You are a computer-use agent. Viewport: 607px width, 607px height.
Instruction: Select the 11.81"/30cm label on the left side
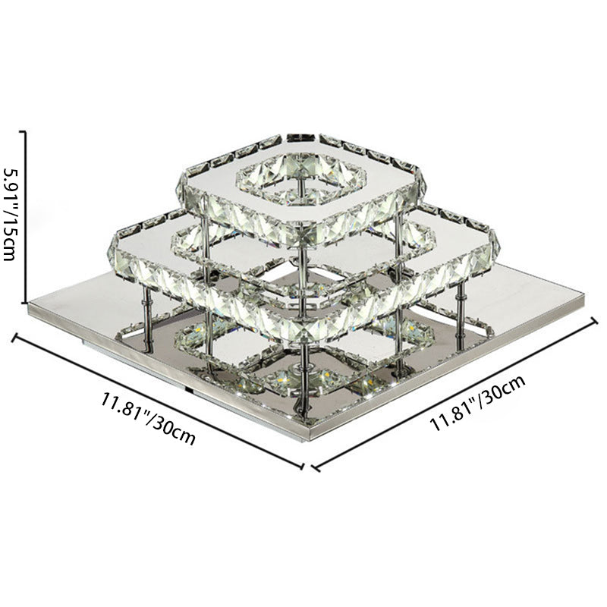148,419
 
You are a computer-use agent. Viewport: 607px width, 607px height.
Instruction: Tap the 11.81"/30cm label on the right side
478,403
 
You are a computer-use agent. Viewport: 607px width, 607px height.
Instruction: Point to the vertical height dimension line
26,217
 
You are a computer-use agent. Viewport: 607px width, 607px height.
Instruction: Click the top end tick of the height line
24,131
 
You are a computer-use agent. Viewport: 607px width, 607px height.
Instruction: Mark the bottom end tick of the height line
24,302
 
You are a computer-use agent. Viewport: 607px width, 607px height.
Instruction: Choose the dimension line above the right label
454,394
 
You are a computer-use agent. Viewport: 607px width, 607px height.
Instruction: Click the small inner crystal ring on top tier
301,179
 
